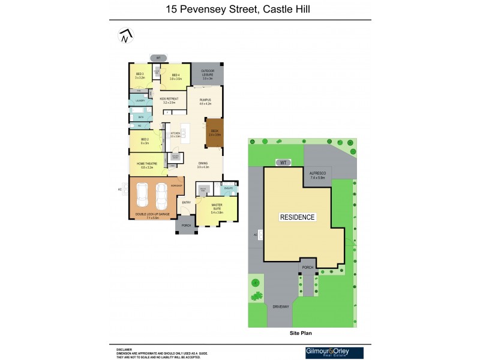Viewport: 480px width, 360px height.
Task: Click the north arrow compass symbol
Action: [125, 36]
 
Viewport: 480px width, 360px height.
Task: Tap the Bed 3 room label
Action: [140, 76]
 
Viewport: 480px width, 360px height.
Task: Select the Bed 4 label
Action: [175, 77]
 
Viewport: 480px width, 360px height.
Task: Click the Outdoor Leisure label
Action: [208, 76]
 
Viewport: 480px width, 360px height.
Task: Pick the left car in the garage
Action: [143, 194]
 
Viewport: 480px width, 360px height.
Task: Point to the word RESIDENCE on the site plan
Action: [298, 217]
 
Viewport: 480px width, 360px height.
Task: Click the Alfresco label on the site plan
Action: [317, 175]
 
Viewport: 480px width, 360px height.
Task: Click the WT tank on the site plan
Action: [283, 163]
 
